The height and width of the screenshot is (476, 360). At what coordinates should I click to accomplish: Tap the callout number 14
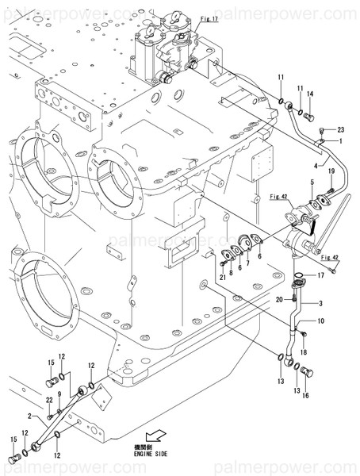[x=310, y=94]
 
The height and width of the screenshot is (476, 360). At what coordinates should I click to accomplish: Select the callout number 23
[x=341, y=129]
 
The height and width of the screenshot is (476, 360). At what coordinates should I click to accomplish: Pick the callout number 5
[x=259, y=255]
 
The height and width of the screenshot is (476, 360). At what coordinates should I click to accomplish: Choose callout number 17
[x=247, y=263]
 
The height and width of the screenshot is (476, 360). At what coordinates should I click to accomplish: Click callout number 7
[x=247, y=263]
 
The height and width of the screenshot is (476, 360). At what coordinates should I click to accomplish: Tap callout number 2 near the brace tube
[x=29, y=415]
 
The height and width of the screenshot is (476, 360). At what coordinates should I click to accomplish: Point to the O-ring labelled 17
[x=299, y=278]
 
